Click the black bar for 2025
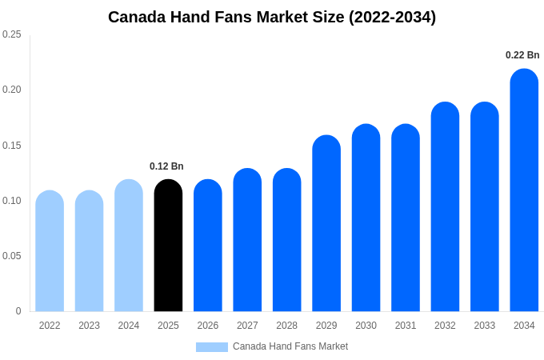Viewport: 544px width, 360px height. pos(168,246)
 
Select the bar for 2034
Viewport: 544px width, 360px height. pos(524,190)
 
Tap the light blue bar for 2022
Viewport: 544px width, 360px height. pos(50,250)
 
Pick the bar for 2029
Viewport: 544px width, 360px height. pos(326,223)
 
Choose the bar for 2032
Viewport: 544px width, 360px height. pos(445,206)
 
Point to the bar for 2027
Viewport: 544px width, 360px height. pos(247,240)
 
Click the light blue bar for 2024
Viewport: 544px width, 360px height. pos(129,246)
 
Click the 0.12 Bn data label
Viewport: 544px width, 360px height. pos(166,166)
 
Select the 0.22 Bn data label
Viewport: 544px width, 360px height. pos(522,55)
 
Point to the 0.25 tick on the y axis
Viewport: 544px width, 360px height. pos(12,34)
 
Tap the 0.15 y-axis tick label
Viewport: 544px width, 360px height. pos(12,146)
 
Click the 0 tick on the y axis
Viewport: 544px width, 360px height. pos(18,311)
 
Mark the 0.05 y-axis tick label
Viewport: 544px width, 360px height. pos(12,256)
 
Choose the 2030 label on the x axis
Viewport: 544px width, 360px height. pos(366,326)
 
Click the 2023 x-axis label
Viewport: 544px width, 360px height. pos(89,326)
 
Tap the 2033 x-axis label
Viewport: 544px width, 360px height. pos(485,326)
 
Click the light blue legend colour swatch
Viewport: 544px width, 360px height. pos(212,347)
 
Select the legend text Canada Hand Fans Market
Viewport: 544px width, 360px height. pos(290,346)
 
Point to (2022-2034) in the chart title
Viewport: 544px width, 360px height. pos(392,18)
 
